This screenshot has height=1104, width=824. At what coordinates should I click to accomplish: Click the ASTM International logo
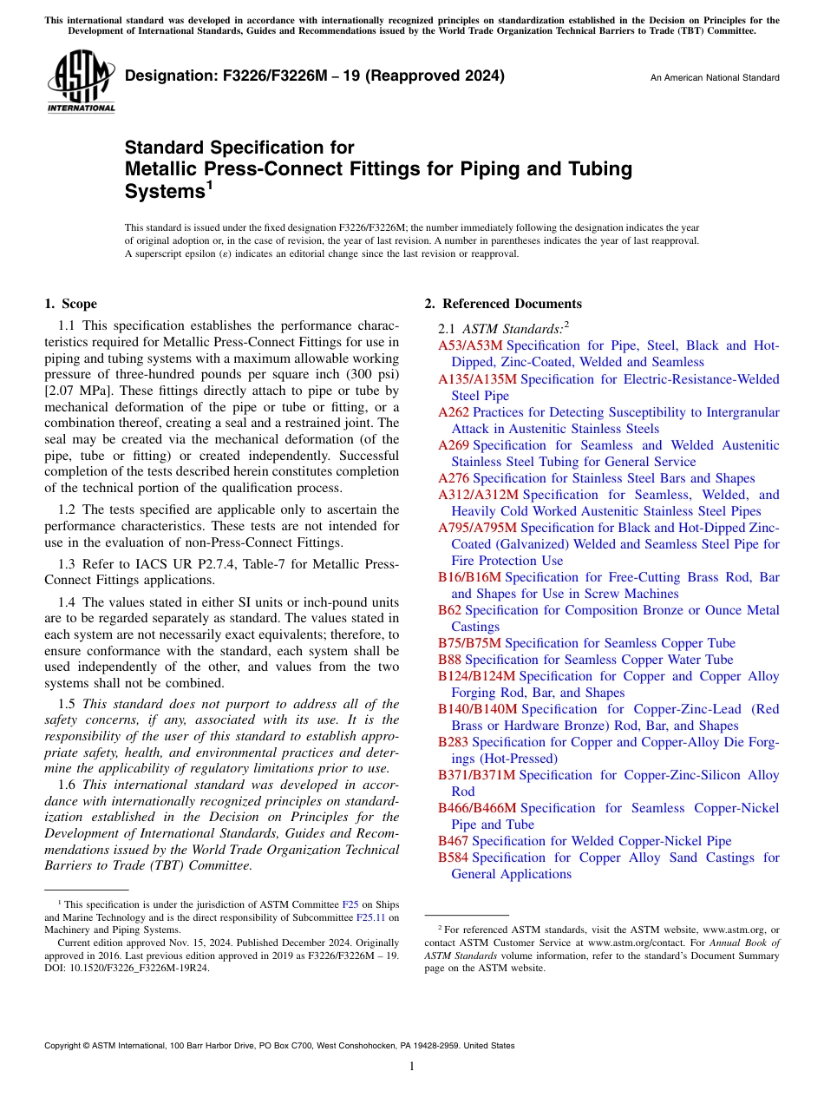(82, 82)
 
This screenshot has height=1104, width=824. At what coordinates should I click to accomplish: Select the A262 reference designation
(454, 412)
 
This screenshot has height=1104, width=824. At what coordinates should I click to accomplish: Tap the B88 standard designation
(449, 660)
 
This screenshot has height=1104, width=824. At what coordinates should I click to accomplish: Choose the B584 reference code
(454, 858)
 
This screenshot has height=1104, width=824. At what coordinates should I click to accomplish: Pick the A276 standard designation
(454, 478)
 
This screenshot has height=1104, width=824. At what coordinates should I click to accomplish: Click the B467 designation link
(454, 841)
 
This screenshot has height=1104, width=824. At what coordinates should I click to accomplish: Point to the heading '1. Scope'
(70, 304)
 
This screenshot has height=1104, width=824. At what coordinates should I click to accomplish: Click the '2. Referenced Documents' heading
(503, 304)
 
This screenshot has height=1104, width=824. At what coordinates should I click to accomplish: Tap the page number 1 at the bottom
(412, 1067)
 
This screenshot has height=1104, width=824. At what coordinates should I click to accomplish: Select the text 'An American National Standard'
(715, 78)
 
